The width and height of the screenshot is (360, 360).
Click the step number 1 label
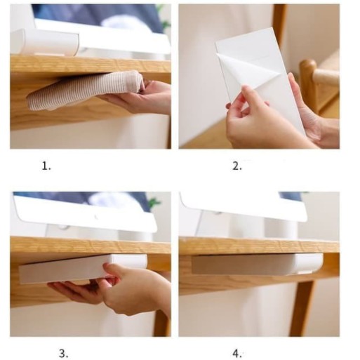(46, 166)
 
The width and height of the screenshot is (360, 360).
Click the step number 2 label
(237, 166)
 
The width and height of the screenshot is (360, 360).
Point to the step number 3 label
(63, 354)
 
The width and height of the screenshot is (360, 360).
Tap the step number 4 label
(237, 354)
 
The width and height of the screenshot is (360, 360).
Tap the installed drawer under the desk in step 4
(258, 264)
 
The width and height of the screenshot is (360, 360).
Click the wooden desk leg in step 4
(302, 309)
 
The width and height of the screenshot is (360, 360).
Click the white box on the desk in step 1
(44, 43)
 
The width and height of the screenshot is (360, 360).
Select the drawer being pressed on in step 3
(82, 269)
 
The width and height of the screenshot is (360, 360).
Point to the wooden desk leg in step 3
(162, 323)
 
